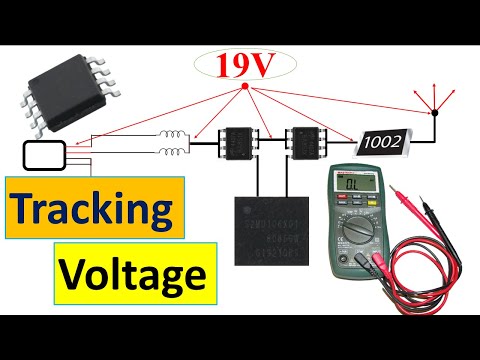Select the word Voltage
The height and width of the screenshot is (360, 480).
tap(132, 271)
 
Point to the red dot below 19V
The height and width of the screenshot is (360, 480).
tap(245, 87)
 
